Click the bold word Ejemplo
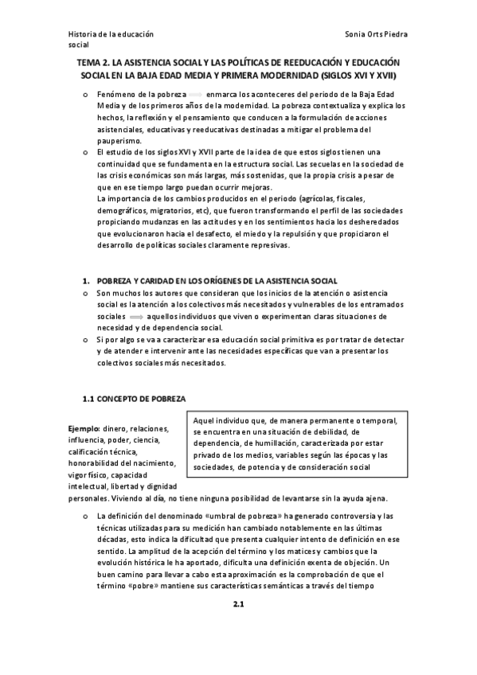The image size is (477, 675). click(84, 428)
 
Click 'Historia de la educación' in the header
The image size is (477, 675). click(111, 36)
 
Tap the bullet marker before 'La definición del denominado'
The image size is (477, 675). click(85, 517)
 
